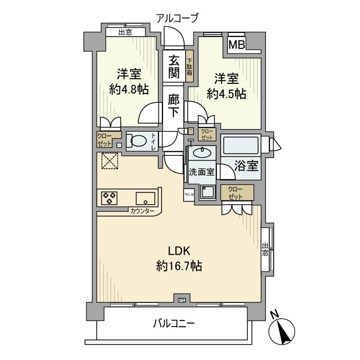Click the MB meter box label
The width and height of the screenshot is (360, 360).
(x=237, y=45)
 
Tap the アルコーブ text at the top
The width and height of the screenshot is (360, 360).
(x=177, y=19)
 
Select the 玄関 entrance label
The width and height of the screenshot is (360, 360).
(x=174, y=66)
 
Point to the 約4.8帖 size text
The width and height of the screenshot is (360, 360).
(x=129, y=89)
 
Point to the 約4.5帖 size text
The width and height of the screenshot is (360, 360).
(x=226, y=94)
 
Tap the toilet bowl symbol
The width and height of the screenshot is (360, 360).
(x=136, y=141)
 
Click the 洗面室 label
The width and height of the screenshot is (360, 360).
(x=201, y=172)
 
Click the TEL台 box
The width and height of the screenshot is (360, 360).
(x=189, y=194)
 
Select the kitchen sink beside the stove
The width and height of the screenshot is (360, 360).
(x=145, y=198)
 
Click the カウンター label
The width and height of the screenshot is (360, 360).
(x=142, y=211)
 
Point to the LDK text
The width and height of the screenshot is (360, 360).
(x=180, y=251)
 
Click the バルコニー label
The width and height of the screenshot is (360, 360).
(x=173, y=324)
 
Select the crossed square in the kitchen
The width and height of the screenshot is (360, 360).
(x=109, y=161)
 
